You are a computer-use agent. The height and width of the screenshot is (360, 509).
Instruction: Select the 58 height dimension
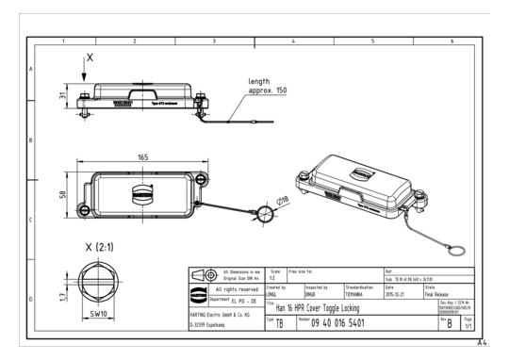[64, 195]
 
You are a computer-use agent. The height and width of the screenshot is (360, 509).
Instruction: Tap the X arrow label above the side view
[90, 57]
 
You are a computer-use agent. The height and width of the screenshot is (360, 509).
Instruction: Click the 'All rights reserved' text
[227, 288]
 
